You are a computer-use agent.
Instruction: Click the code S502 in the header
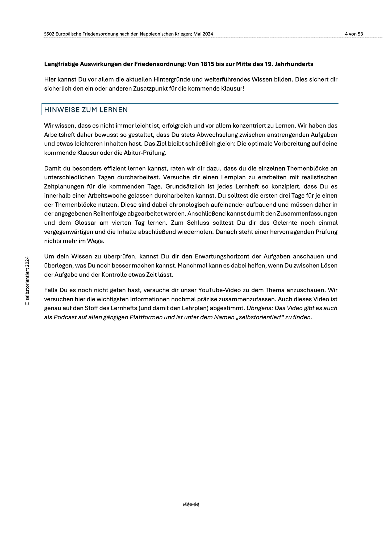(x=49, y=34)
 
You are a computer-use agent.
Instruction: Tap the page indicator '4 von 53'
(x=354, y=34)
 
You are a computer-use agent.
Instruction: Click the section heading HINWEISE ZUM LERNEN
(x=86, y=110)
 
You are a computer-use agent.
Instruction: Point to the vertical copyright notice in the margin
(x=27, y=281)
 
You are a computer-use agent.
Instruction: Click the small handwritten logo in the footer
(x=191, y=504)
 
